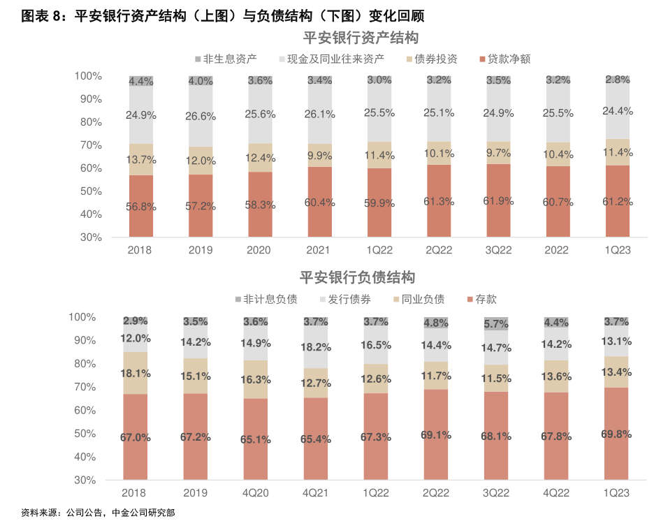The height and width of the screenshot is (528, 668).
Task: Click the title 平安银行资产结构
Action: pyautogui.click(x=360, y=38)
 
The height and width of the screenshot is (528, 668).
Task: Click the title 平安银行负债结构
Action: pyautogui.click(x=357, y=278)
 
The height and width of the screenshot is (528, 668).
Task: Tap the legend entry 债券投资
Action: pyautogui.click(x=435, y=59)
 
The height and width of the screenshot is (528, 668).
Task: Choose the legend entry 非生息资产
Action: pyautogui.click(x=230, y=59)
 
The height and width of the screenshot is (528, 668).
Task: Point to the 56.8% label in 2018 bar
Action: pyautogui.click(x=141, y=207)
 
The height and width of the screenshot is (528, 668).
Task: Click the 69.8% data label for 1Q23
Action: pyautogui.click(x=616, y=434)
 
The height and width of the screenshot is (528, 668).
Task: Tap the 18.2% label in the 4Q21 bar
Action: pyautogui.click(x=316, y=347)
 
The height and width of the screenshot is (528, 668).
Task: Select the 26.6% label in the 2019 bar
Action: pyautogui.click(x=201, y=116)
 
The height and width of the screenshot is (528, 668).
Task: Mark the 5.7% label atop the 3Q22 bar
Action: pyautogui.click(x=496, y=324)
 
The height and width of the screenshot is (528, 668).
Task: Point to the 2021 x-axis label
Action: pyautogui.click(x=319, y=250)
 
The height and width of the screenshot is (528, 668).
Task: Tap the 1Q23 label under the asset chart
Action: pyautogui.click(x=617, y=250)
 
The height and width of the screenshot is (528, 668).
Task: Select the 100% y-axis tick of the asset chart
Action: pyautogui.click(x=88, y=75)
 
